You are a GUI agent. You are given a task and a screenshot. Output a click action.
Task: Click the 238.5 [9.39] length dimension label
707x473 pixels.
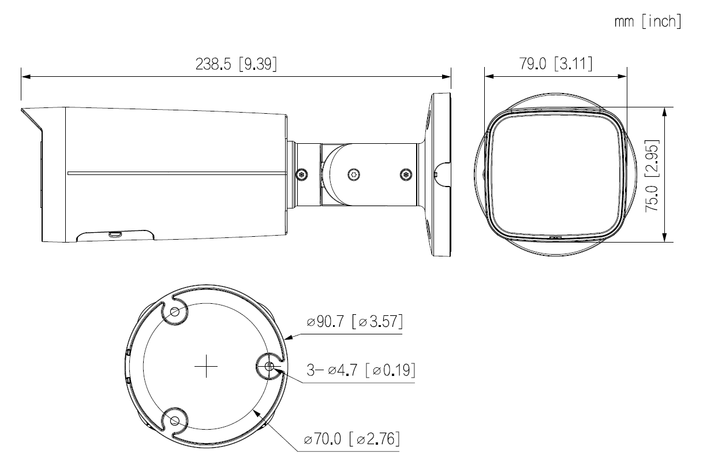pos(235,64)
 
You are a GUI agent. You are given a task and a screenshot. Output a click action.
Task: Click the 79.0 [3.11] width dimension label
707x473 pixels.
pos(555,64)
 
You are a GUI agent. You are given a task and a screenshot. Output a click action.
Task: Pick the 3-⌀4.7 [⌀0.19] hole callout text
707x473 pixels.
pos(360,370)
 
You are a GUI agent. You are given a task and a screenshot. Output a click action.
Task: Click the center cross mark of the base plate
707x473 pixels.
pos(206,367)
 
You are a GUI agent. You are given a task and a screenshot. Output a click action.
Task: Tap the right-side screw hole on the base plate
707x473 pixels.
pos(270,366)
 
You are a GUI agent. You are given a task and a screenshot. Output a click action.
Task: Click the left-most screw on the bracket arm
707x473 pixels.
pos(301,173)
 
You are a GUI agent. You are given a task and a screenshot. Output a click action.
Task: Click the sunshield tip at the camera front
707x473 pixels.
pos(23,110)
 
